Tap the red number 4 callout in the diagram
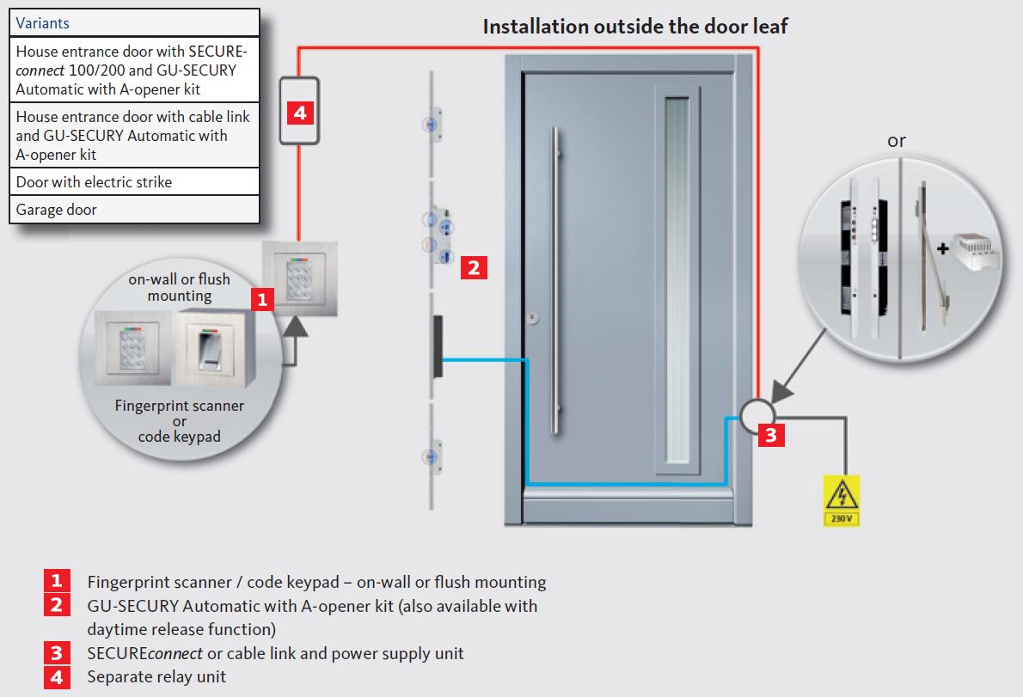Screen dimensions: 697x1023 [x=299, y=113]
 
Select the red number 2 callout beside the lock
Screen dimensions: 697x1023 [x=474, y=267]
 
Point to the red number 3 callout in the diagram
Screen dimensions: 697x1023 [x=770, y=435]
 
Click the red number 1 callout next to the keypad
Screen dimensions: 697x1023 [x=261, y=299]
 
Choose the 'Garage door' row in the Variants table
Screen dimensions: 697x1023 [x=134, y=210]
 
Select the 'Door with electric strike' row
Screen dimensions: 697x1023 [x=134, y=182]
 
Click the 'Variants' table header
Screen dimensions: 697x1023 [x=134, y=23]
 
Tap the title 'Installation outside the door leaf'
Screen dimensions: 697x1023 [x=634, y=27]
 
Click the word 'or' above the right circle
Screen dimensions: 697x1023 [x=897, y=141]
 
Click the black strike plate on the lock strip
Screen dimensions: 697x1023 [x=438, y=345]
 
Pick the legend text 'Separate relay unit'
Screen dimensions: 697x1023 [x=156, y=677]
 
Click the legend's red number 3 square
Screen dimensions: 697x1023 [x=56, y=653]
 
